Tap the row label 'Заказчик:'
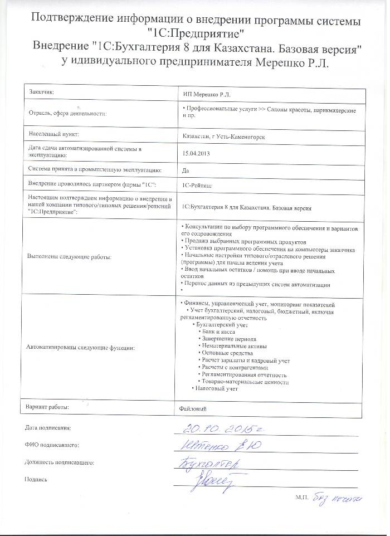(41, 91)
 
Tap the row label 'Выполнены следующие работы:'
(69, 257)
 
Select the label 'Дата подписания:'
(48, 428)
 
